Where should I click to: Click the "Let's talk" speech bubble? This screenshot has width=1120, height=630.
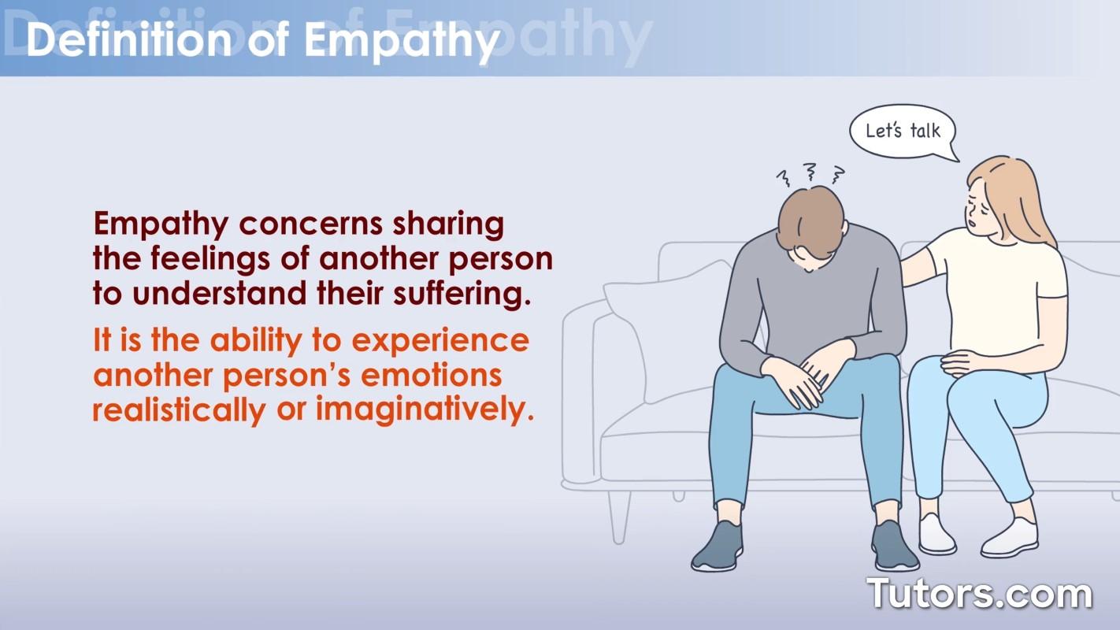click(903, 131)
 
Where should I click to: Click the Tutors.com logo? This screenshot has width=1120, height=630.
click(979, 593)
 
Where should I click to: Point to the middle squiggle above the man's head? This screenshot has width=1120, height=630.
click(809, 171)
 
